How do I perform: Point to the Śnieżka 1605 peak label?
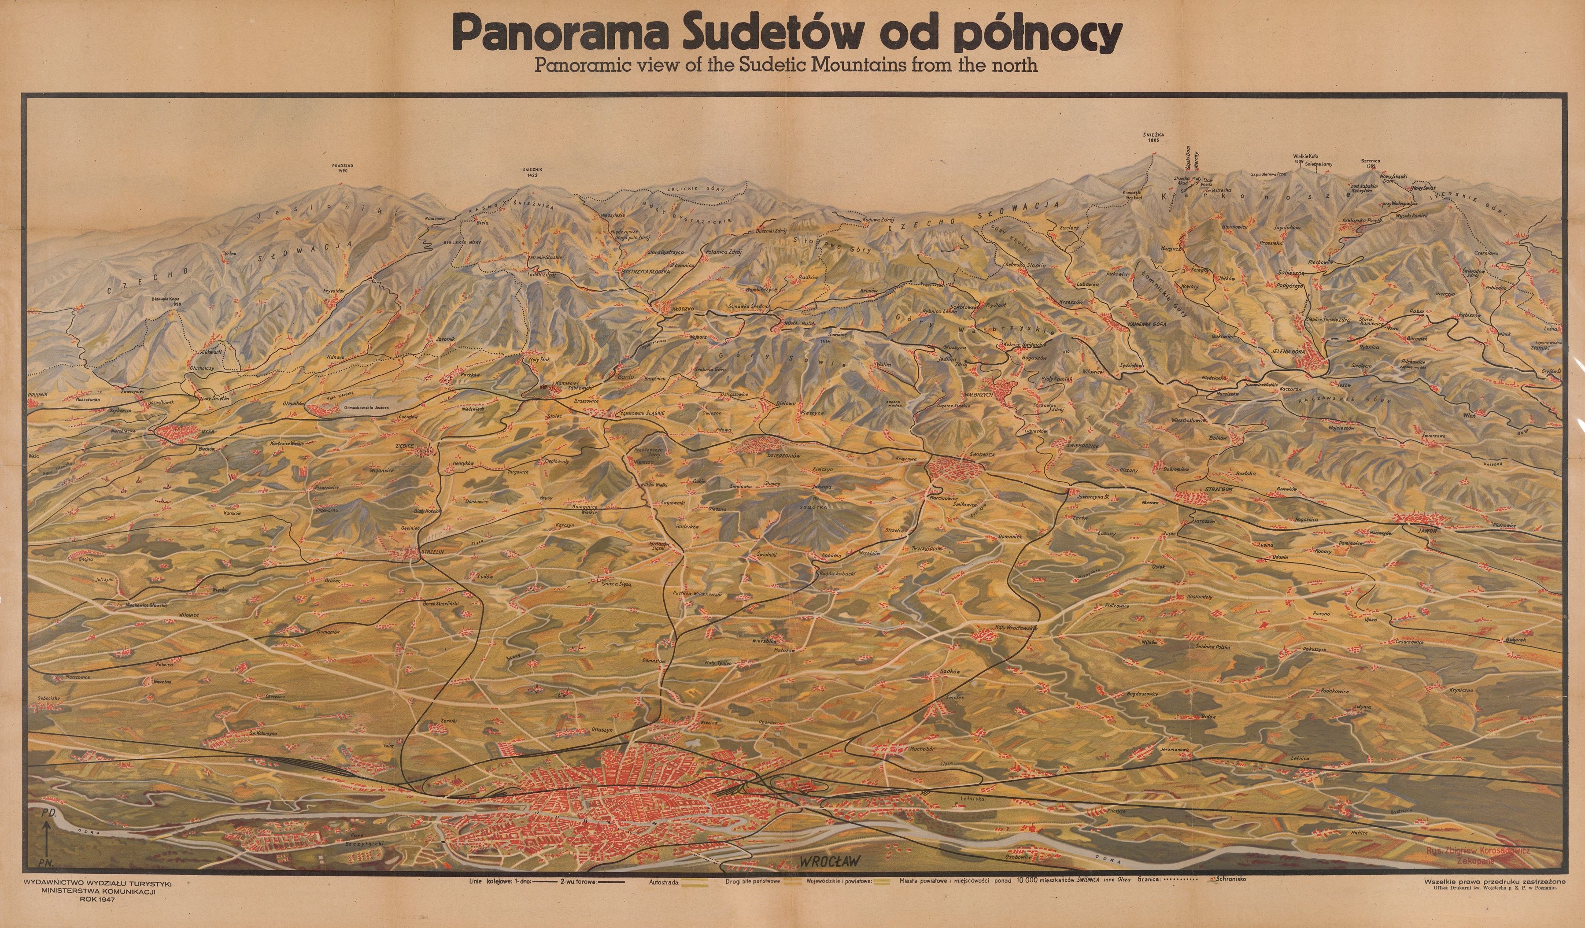point(1152,137)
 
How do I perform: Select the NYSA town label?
point(208,433)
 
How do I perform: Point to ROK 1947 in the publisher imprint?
point(97,900)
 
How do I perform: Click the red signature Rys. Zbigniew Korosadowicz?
point(1478,850)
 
